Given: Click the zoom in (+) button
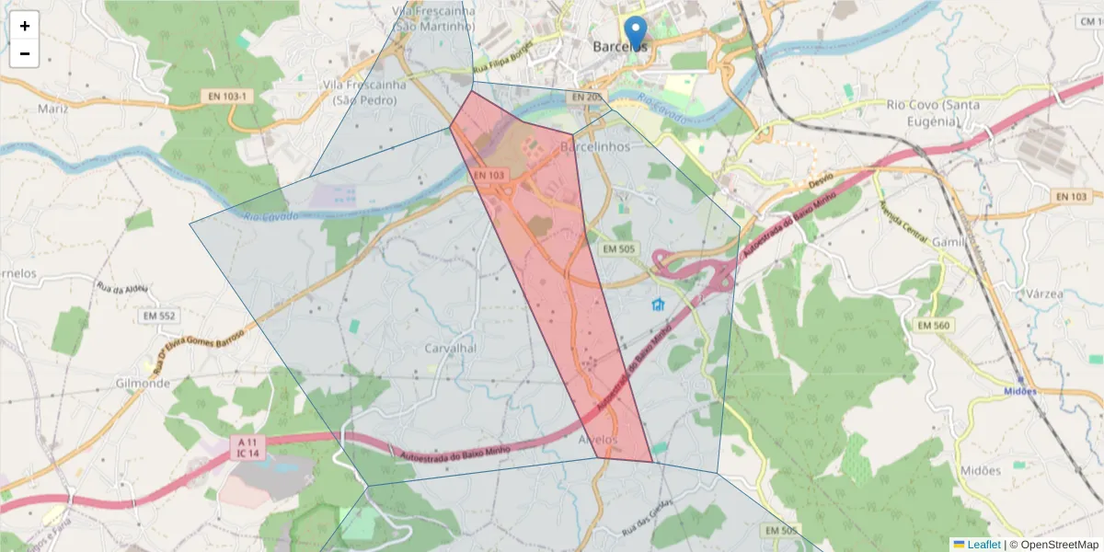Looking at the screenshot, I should tap(25, 26).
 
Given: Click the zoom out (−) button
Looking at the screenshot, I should tap(25, 53).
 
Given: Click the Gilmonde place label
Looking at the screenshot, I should tap(144, 383).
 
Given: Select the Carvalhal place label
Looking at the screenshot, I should tap(450, 349).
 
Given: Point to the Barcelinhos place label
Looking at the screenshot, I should tap(595, 146).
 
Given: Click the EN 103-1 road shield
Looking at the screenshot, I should tap(225, 96).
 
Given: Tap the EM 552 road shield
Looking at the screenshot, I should tap(158, 316).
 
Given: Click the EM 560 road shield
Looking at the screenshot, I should tap(935, 325).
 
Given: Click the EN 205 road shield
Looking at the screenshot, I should tap(585, 97).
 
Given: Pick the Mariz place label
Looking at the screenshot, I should tap(53, 109).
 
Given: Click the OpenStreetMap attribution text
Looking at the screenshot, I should tap(1053, 544).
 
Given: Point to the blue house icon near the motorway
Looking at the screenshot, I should tap(658, 305).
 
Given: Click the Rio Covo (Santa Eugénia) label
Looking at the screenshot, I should tap(933, 112).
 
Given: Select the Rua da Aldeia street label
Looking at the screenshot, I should tap(122, 288).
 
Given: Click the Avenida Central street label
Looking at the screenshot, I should tap(904, 222).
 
